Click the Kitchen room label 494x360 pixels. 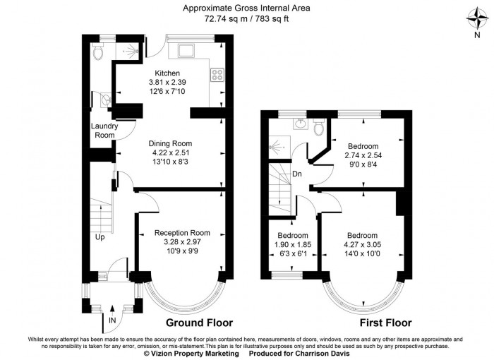click(x=167, y=73)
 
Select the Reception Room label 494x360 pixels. click(x=182, y=233)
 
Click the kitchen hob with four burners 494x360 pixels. click(x=217, y=73)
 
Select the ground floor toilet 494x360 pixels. click(x=98, y=52)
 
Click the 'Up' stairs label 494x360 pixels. click(x=100, y=237)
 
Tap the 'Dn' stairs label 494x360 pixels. click(x=297, y=173)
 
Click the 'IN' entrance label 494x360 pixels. click(x=112, y=320)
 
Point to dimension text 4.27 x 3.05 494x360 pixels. click(x=362, y=245)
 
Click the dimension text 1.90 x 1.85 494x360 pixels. click(x=292, y=245)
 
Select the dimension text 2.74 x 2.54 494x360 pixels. click(x=362, y=156)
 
